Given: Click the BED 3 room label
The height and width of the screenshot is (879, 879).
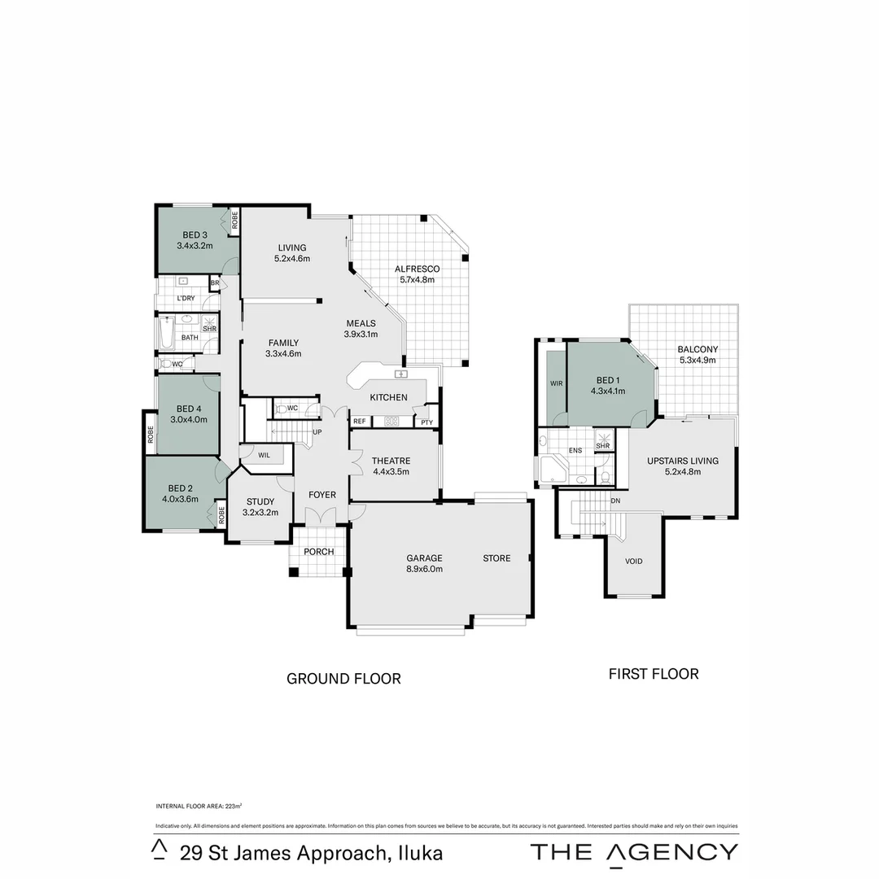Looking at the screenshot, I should click(195, 236).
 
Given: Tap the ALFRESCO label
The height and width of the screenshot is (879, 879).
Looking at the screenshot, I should click(417, 269).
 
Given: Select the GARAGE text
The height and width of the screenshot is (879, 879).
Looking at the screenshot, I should click(424, 558).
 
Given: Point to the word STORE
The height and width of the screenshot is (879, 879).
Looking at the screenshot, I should click(496, 558).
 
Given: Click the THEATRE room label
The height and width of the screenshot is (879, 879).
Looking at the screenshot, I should click(391, 461).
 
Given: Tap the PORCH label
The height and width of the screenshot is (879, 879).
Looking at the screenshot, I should click(319, 552).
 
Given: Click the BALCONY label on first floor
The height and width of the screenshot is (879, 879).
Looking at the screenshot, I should click(698, 350).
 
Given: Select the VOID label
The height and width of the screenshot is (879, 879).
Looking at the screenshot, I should click(633, 562).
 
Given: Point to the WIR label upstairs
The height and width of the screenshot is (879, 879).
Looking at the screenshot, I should click(557, 383).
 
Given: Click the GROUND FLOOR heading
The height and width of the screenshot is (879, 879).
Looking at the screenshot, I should click(343, 679).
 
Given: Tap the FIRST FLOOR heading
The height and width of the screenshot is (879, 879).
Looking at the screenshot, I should click(654, 674).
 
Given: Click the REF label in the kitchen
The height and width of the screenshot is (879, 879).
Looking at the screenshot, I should click(359, 422).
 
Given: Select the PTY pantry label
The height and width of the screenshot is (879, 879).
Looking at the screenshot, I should click(426, 422).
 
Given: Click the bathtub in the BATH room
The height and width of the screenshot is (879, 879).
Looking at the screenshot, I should click(166, 333).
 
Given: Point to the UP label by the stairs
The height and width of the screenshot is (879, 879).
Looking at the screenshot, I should click(317, 431).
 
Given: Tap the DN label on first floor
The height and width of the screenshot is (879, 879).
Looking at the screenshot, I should click(615, 501).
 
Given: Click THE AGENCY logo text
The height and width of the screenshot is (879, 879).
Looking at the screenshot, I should click(634, 852).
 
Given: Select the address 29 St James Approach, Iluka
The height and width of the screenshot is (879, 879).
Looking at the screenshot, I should click(312, 853).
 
